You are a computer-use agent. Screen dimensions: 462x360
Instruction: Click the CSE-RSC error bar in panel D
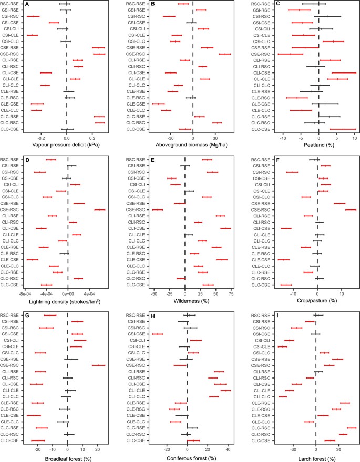click(100, 209)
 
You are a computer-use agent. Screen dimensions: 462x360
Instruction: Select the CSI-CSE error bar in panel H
click(157, 333)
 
